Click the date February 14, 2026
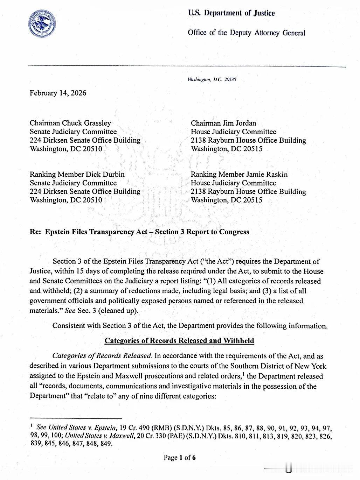(58, 93)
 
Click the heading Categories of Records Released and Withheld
(179, 341)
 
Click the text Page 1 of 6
(180, 458)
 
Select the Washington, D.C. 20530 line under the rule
(212, 80)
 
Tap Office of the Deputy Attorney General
(247, 33)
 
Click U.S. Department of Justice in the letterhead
(231, 13)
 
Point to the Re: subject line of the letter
(139, 232)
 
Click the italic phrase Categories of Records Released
(102, 356)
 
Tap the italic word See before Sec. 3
(70, 311)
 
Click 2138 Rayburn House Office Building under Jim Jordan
(248, 140)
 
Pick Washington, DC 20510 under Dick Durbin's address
(66, 200)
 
